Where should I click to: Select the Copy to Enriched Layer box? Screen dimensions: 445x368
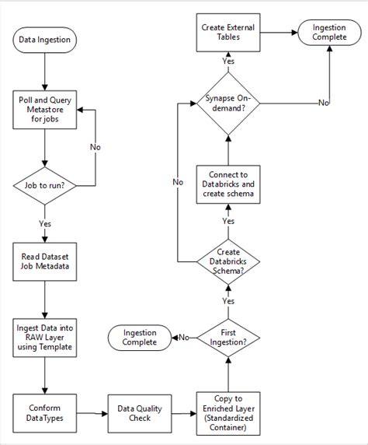(227, 412)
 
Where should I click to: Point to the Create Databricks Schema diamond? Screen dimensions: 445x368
(227, 259)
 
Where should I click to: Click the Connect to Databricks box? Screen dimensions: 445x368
(227, 183)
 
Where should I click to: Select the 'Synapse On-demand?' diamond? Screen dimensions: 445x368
(227, 103)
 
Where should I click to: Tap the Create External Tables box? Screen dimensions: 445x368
(227, 33)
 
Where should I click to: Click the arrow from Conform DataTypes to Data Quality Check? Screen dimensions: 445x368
(92, 412)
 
